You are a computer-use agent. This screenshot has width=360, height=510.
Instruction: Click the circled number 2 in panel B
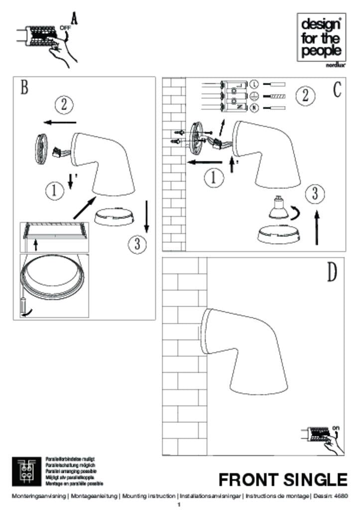64,105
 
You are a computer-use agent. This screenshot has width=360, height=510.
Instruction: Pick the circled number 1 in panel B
54,190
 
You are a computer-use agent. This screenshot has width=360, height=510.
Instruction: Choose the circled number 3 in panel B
137,244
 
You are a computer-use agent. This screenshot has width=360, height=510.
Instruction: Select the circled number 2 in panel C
305,95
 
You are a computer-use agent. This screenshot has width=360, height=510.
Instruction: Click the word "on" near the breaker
336,427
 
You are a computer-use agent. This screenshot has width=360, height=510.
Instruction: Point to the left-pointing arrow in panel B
59,122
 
